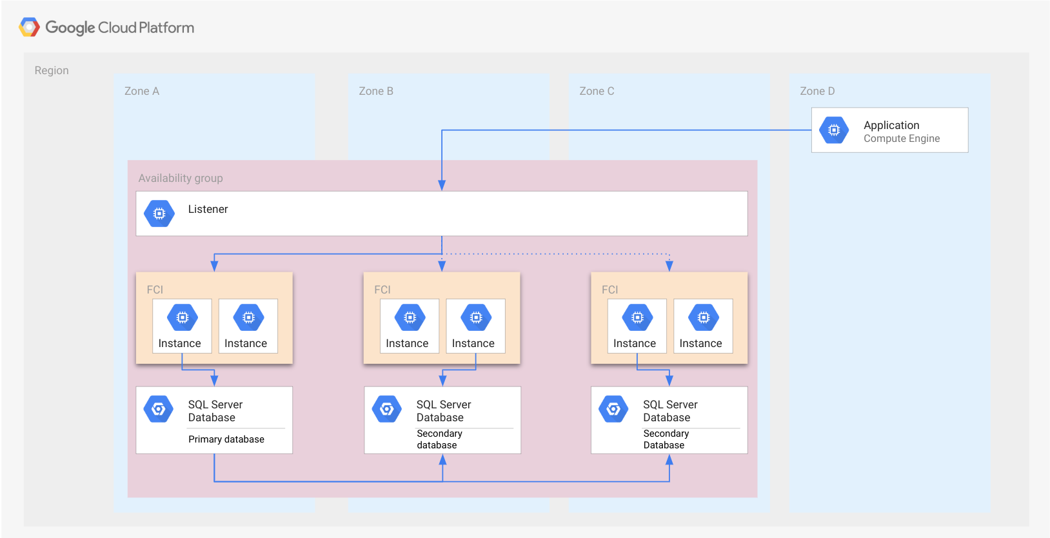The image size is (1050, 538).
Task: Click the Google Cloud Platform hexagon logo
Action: click(30, 27)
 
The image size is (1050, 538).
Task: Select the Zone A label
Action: click(141, 91)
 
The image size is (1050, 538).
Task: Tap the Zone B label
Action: click(375, 91)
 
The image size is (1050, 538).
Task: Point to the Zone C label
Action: click(596, 91)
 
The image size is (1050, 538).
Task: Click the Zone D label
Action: click(817, 91)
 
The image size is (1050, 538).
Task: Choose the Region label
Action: click(51, 70)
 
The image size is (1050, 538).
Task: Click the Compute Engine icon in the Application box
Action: click(833, 130)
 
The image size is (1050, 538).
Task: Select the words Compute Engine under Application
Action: click(901, 139)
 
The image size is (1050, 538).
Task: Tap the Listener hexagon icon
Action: click(159, 214)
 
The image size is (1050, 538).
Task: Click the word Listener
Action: click(208, 209)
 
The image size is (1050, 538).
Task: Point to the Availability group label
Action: click(180, 178)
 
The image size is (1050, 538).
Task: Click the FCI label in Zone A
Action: click(155, 290)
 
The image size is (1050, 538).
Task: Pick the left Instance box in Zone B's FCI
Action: click(409, 326)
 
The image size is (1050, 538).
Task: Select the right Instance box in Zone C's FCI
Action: click(702, 326)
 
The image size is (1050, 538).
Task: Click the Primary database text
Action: click(226, 439)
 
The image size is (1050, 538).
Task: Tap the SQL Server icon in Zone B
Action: click(386, 409)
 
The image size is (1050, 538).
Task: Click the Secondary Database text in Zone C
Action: click(665, 439)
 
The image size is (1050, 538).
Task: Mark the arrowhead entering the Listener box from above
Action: click(442, 185)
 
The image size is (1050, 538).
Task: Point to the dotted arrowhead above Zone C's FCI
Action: click(669, 265)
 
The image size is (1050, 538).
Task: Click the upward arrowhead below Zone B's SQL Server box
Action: click(442, 460)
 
